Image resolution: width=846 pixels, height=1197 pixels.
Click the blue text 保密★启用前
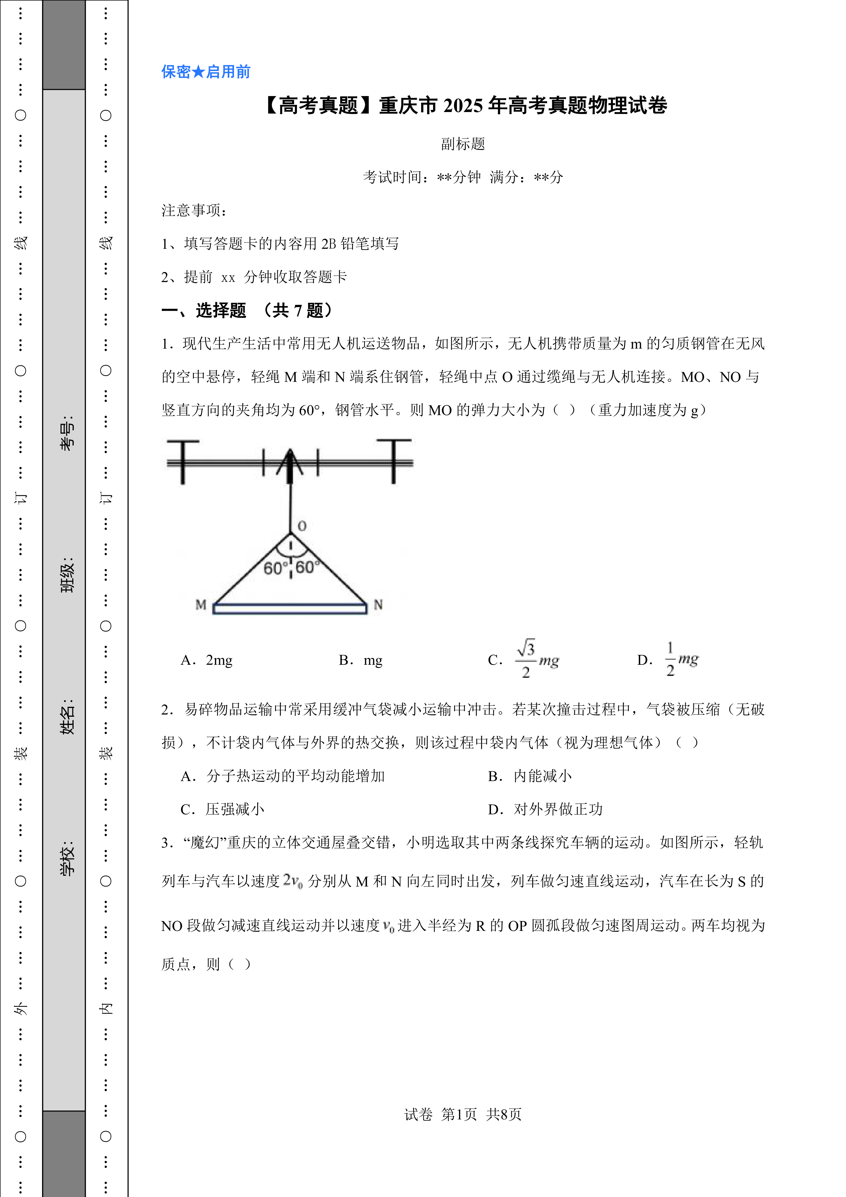click(x=206, y=72)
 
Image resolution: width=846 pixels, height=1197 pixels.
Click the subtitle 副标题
click(x=463, y=144)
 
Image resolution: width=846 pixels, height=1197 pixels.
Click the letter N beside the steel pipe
click(x=378, y=605)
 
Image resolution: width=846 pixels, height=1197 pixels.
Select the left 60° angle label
click(x=273, y=568)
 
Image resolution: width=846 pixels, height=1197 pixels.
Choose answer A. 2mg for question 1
click(x=207, y=660)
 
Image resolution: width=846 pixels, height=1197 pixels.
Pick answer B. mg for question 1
click(x=361, y=660)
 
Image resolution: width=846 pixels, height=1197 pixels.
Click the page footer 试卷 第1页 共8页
click(x=463, y=1114)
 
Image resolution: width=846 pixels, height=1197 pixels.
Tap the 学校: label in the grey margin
click(x=67, y=858)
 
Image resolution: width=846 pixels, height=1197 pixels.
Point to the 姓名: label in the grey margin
click(x=67, y=717)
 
